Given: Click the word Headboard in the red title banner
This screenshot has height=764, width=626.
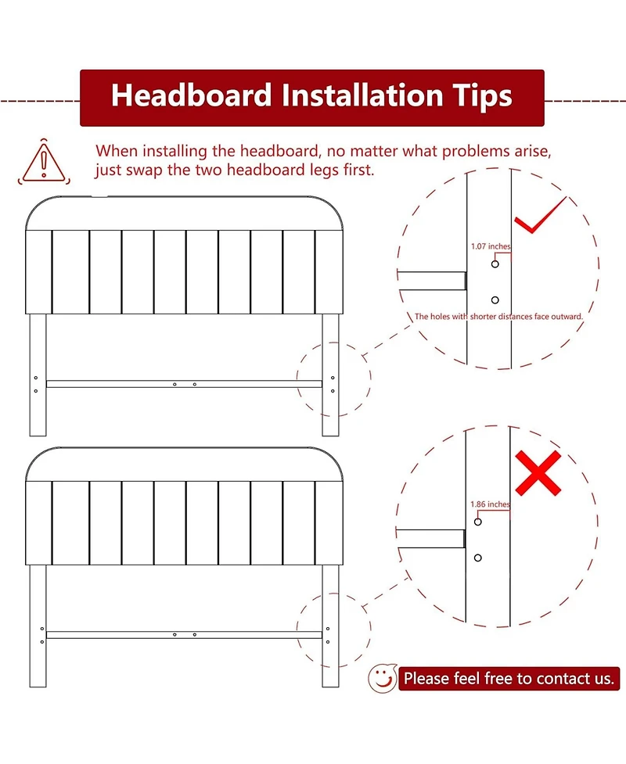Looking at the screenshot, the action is pyautogui.click(x=191, y=95).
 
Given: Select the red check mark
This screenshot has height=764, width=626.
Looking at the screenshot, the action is pyautogui.click(x=540, y=215).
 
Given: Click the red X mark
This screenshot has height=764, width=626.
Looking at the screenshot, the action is pyautogui.click(x=538, y=472).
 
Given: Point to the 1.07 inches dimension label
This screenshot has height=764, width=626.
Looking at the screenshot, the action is pyautogui.click(x=491, y=246).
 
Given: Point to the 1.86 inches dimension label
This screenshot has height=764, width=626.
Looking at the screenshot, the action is pyautogui.click(x=490, y=504).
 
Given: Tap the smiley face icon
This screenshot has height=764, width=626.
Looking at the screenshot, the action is pyautogui.click(x=383, y=678).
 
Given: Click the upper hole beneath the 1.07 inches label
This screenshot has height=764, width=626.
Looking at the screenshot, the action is pyautogui.click(x=495, y=264).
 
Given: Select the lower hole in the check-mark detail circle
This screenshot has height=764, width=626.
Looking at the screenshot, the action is pyautogui.click(x=495, y=300).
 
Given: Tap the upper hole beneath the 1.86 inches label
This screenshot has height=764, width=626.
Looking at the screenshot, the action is pyautogui.click(x=478, y=522).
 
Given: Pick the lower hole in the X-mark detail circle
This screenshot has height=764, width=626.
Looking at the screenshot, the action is pyautogui.click(x=478, y=558).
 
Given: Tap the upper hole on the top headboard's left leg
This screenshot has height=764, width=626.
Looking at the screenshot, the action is pyautogui.click(x=35, y=378).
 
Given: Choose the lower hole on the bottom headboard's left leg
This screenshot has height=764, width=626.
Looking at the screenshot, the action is pyautogui.click(x=42, y=642).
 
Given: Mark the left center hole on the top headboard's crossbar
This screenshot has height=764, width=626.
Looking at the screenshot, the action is pyautogui.click(x=174, y=385).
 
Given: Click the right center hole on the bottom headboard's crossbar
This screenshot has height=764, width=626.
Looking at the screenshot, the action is pyautogui.click(x=195, y=634).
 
